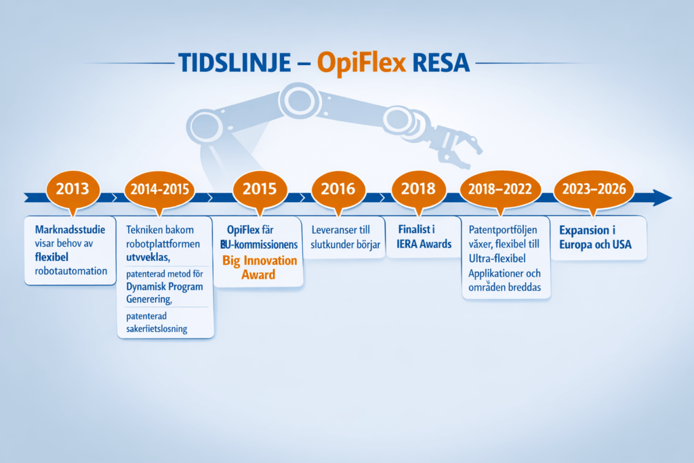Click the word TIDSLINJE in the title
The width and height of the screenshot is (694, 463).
click(235, 62)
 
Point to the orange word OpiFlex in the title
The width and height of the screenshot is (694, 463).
click(361, 62)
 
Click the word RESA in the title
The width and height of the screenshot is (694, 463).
click(441, 62)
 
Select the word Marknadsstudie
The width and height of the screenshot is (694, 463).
click(70, 229)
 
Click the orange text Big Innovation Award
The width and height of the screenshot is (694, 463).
click(260, 268)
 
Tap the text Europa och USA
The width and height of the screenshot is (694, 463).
click(596, 244)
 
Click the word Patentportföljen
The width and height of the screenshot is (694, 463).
click(503, 230)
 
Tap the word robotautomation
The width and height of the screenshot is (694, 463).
click(70, 271)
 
